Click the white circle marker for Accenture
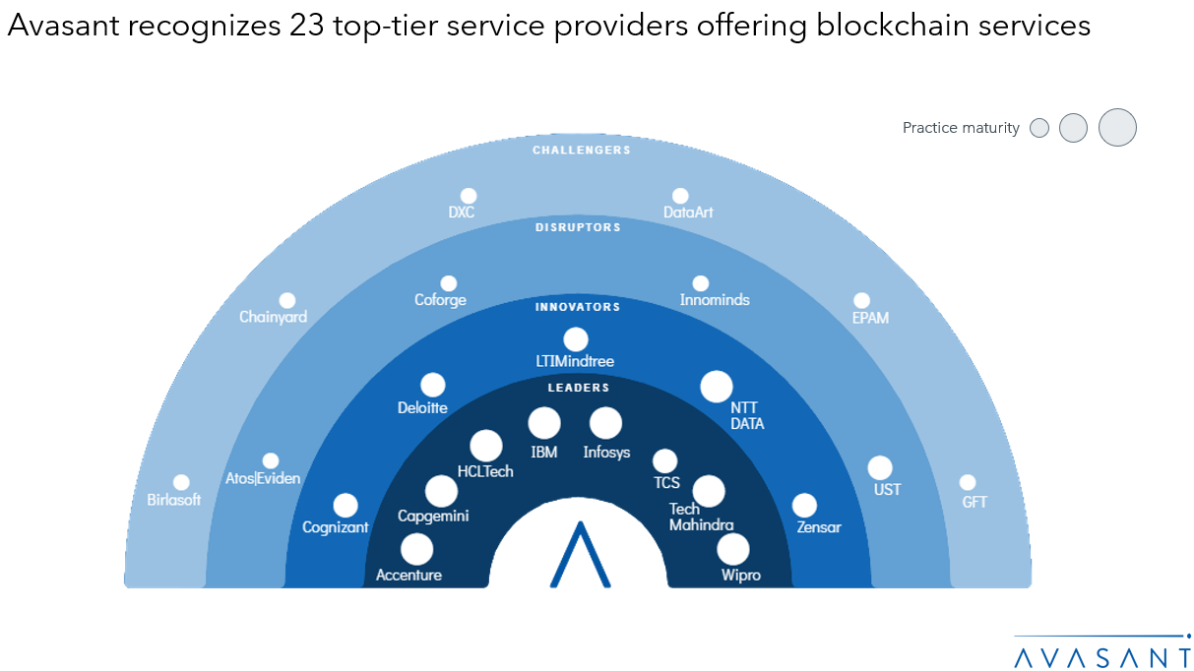click(x=416, y=549)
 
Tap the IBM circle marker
click(x=544, y=423)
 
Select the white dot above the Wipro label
click(x=733, y=549)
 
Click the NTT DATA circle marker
click(x=716, y=387)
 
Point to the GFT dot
click(x=968, y=482)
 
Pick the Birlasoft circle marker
click(x=181, y=482)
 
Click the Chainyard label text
click(x=273, y=317)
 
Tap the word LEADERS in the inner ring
click(x=579, y=388)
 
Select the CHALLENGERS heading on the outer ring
click(x=582, y=151)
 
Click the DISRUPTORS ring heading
click(x=578, y=227)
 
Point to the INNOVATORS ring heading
click(x=578, y=307)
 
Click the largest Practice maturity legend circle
click(x=1117, y=128)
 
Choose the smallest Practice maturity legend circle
click(x=1038, y=128)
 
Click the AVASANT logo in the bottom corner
click(x=1102, y=654)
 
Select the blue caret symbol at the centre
click(x=580, y=556)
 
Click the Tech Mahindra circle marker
click(x=708, y=490)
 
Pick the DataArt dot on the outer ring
click(x=680, y=196)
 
